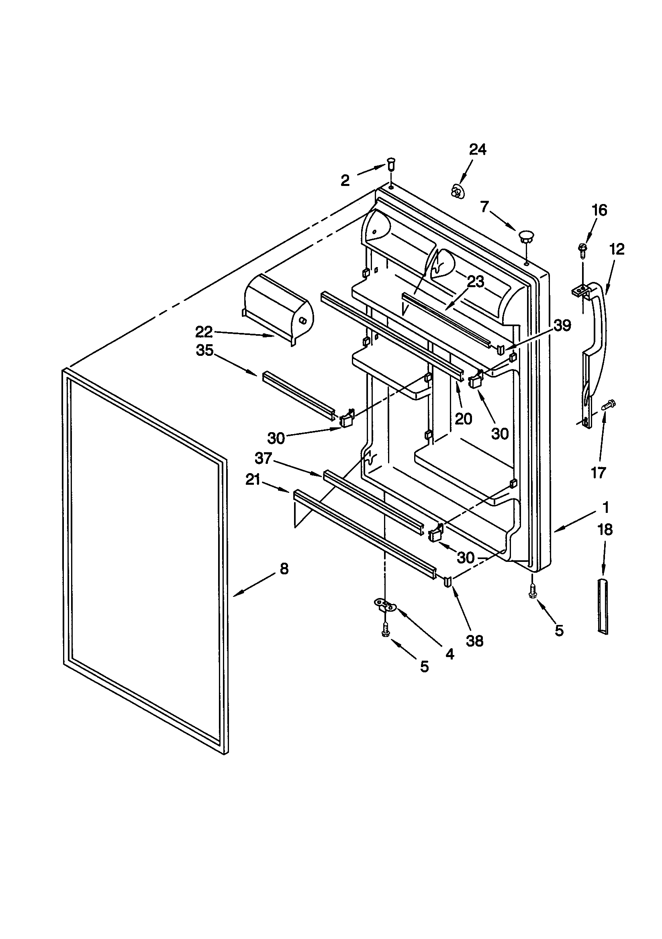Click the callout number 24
(477, 150)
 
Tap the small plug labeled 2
(390, 166)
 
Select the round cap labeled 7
(526, 236)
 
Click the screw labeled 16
(582, 249)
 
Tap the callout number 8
(284, 568)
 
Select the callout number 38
(475, 641)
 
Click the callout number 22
(203, 332)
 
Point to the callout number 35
(204, 350)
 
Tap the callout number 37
(263, 459)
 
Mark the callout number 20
(463, 418)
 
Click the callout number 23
(476, 282)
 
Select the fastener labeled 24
(456, 192)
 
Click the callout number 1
(605, 508)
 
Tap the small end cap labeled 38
(448, 581)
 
